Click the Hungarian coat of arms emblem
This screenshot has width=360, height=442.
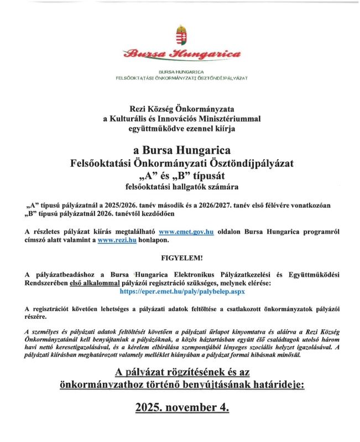click(x=181, y=35)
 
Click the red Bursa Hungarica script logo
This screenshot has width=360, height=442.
click(x=182, y=54)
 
